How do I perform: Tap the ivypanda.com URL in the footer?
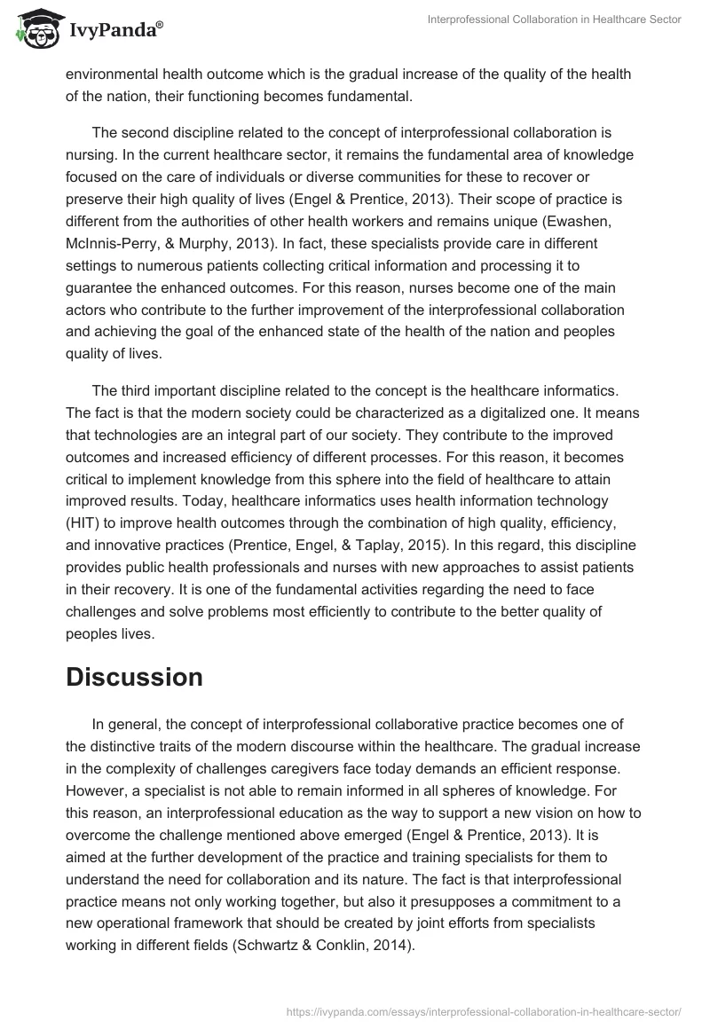click(x=483, y=1011)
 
